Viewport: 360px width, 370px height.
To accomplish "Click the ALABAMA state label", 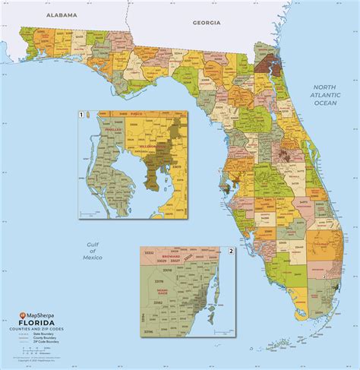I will pos(62,14).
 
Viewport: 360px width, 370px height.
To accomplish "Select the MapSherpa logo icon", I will pos(23,315).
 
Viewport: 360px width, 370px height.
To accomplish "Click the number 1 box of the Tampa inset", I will pos(81,115).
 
